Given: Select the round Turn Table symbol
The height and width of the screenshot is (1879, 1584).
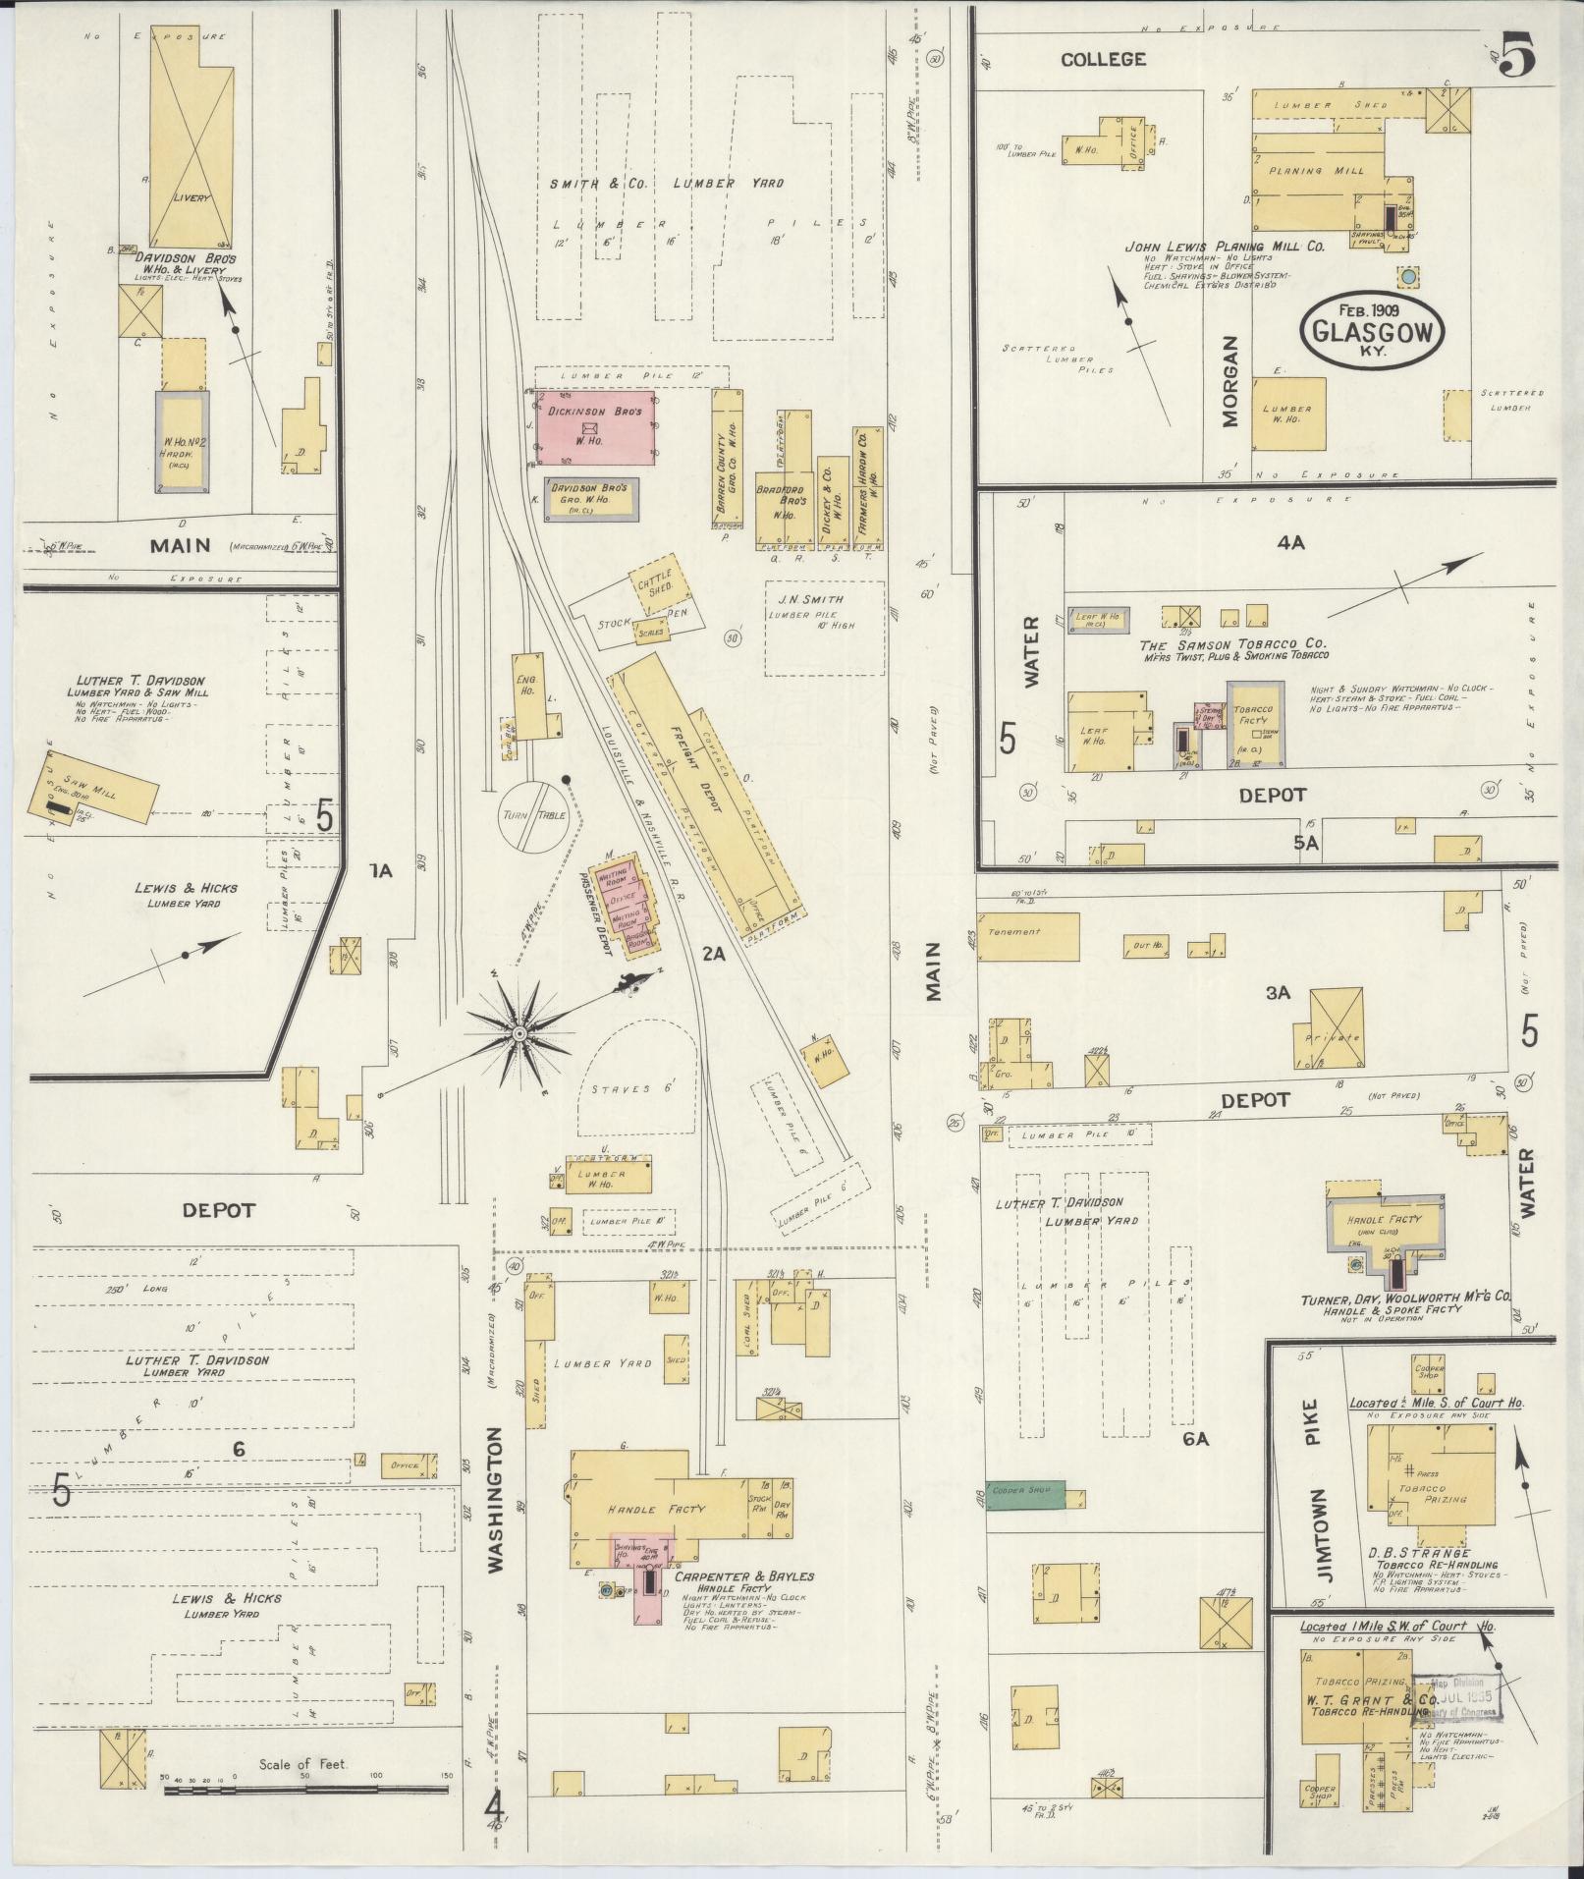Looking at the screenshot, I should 533,815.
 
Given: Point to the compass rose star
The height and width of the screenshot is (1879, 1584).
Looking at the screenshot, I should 519,1033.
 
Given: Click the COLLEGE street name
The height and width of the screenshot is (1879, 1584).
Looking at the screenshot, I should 1103,60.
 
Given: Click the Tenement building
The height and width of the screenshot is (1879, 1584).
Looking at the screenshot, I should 1027,935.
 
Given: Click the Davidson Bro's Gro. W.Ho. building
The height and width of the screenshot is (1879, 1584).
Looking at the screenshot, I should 593,500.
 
